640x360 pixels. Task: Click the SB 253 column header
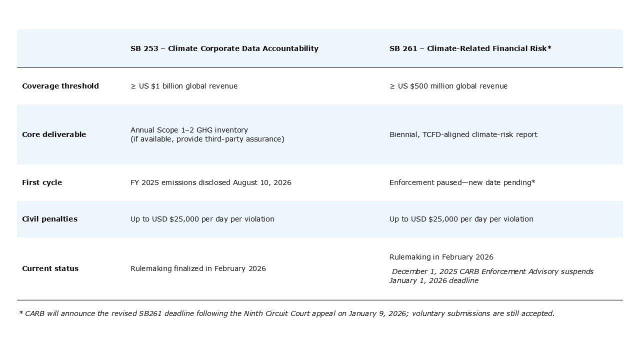pyautogui.click(x=224, y=48)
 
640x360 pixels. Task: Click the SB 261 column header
pyautogui.click(x=470, y=48)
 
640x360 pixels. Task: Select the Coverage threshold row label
pyautogui.click(x=60, y=86)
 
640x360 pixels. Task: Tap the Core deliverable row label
pyautogui.click(x=54, y=134)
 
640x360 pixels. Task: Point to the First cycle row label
pyautogui.click(x=42, y=182)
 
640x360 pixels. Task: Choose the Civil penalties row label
pyautogui.click(x=49, y=219)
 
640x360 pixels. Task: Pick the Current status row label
pyautogui.click(x=50, y=268)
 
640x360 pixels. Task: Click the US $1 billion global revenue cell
pyautogui.click(x=184, y=86)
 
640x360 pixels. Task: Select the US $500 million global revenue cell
pyautogui.click(x=448, y=86)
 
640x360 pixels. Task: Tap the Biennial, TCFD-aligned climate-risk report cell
pyautogui.click(x=463, y=134)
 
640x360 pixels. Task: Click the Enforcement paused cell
pyautogui.click(x=462, y=182)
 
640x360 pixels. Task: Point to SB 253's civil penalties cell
pyautogui.click(x=202, y=219)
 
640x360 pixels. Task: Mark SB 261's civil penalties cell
pyautogui.click(x=461, y=219)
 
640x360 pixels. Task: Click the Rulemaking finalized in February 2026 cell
pyautogui.click(x=198, y=268)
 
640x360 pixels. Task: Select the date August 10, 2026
pyautogui.click(x=262, y=182)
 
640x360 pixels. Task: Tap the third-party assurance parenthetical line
pyautogui.click(x=207, y=139)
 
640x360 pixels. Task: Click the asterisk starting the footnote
pyautogui.click(x=20, y=313)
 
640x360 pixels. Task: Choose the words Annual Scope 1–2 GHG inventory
pyautogui.click(x=189, y=130)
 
